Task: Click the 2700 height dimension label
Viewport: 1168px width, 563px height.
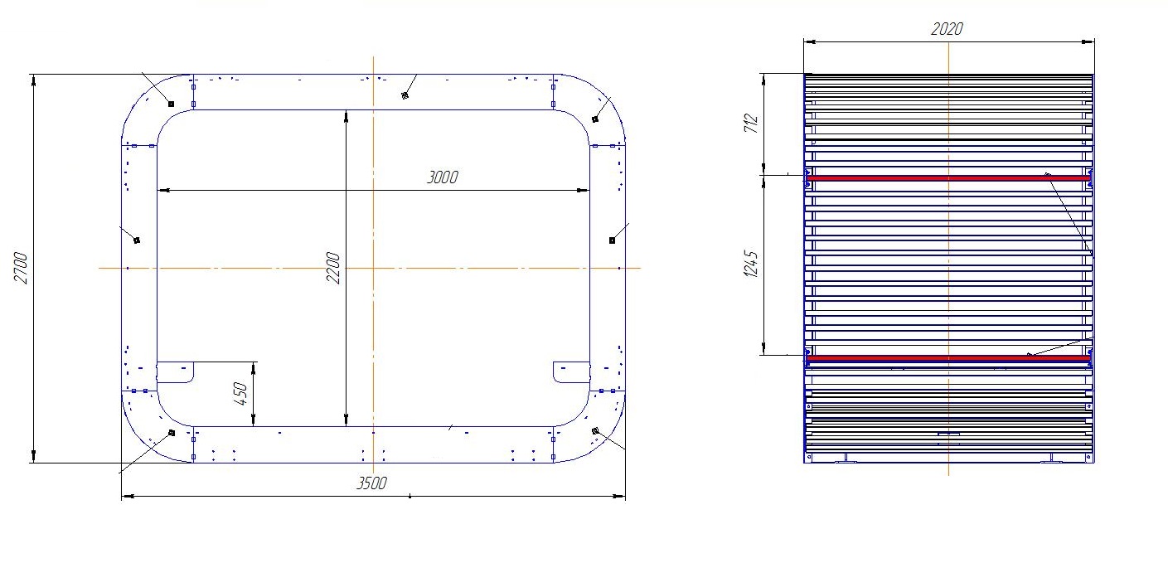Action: (x=21, y=268)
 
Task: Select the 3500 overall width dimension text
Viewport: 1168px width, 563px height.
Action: (x=371, y=483)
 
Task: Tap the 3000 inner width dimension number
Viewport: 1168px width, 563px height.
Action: (x=443, y=177)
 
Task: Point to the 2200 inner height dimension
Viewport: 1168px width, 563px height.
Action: (x=333, y=268)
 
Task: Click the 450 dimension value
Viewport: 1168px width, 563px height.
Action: (x=240, y=394)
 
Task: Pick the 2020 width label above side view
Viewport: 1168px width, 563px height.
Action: (x=947, y=29)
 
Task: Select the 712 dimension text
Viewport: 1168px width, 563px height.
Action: (x=751, y=124)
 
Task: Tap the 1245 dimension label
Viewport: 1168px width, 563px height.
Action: (x=751, y=264)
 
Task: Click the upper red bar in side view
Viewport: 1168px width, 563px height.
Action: (x=948, y=178)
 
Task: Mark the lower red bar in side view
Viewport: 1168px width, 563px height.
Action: (x=948, y=358)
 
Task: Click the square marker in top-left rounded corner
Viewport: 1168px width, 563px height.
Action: (x=171, y=104)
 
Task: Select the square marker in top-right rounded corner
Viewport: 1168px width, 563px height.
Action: (x=595, y=119)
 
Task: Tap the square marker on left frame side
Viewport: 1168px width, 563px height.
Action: (x=137, y=240)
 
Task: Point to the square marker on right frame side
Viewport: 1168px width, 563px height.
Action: (x=612, y=240)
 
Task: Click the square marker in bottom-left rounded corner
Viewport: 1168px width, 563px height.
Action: (x=172, y=433)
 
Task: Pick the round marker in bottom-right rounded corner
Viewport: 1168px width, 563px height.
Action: (x=595, y=430)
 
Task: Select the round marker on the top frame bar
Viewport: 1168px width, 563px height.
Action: (x=405, y=95)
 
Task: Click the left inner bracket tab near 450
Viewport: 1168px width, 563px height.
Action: (x=175, y=372)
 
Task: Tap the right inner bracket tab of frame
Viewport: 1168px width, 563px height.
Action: (x=571, y=372)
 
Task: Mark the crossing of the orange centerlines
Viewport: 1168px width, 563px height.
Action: (x=373, y=268)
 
